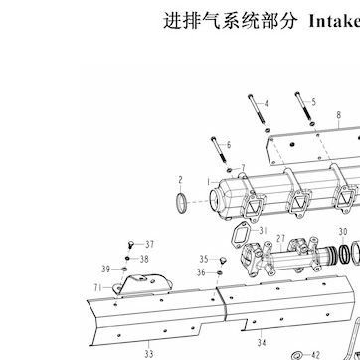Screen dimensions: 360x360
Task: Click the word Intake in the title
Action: click(x=334, y=21)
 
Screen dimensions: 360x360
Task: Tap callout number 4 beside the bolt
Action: click(x=266, y=104)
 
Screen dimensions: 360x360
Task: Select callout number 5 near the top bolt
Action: click(x=313, y=102)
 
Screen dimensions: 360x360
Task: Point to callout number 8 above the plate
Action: click(x=338, y=115)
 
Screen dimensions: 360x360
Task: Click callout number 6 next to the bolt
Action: click(x=229, y=145)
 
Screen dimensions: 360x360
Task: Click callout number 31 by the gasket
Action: click(x=263, y=230)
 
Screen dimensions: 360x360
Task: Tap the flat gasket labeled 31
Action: click(x=242, y=233)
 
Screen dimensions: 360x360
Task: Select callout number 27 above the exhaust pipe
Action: click(x=281, y=238)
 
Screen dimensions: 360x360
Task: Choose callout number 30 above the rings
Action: click(x=343, y=231)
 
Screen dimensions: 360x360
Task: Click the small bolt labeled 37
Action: click(x=130, y=246)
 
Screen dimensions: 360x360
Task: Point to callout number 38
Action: click(x=144, y=259)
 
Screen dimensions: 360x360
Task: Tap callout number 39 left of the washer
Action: click(x=106, y=270)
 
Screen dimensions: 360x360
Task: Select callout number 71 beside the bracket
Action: click(x=97, y=287)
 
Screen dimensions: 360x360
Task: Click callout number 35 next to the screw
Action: click(x=204, y=259)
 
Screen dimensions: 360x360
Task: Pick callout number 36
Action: click(x=201, y=272)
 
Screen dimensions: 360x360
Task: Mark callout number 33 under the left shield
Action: click(x=149, y=353)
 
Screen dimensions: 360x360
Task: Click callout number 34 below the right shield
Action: click(x=262, y=342)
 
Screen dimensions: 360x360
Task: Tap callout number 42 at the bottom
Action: click(x=315, y=355)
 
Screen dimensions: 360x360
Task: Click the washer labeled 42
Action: click(x=296, y=356)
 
